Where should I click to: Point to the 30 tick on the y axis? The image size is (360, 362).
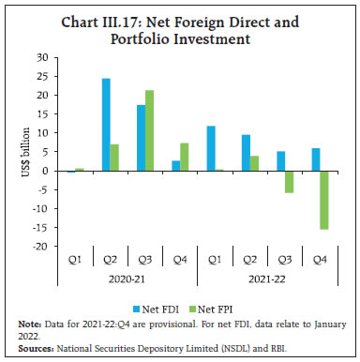(x=41, y=57)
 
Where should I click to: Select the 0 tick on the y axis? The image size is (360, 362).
(x=44, y=171)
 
